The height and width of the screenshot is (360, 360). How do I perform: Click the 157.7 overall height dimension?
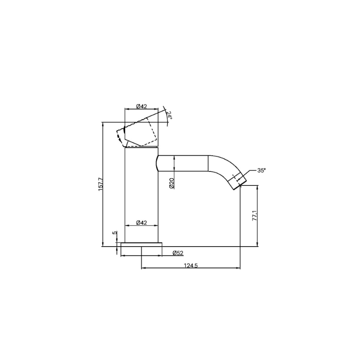(100, 184)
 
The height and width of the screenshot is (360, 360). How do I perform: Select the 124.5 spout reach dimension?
(190, 265)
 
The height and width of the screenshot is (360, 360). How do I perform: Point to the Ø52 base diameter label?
(178, 253)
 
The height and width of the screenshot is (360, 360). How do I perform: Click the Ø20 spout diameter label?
(172, 183)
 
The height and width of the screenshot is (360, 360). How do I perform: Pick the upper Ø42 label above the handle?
(141, 106)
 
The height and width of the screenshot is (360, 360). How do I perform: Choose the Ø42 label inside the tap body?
(141, 222)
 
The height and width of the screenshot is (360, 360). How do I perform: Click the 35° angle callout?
(261, 171)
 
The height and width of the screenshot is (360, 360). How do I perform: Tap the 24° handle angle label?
(169, 115)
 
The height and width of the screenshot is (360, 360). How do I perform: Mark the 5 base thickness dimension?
(115, 233)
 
